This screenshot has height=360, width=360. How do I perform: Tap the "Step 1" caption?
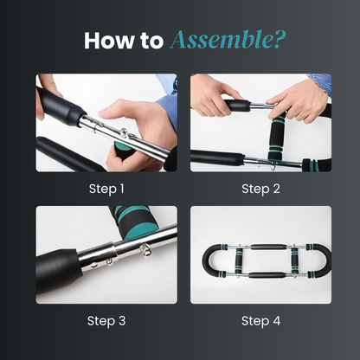click(x=106, y=189)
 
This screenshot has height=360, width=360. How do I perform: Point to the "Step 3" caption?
click(x=106, y=320)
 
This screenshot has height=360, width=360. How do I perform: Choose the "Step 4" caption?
click(x=260, y=320)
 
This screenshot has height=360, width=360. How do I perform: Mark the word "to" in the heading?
click(x=151, y=40)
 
